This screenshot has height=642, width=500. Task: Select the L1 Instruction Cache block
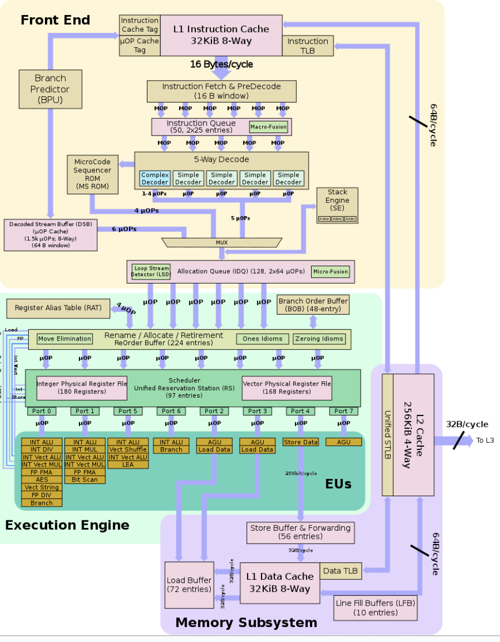tap(221, 35)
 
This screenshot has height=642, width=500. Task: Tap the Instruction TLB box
tap(308, 46)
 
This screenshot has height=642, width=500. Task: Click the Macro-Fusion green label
tap(268, 127)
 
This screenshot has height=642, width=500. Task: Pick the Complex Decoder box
tap(155, 178)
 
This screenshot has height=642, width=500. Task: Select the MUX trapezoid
tap(222, 242)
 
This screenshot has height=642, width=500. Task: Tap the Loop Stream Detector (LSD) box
tap(150, 271)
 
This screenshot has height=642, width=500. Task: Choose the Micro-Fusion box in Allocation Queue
tap(331, 271)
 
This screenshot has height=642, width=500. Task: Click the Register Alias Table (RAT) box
tap(58, 308)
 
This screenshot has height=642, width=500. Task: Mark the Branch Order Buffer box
tap(313, 305)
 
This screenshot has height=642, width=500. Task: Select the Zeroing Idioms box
tap(319, 339)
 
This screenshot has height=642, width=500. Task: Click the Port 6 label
tap(171, 411)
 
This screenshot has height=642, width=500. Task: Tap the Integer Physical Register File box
tap(82, 387)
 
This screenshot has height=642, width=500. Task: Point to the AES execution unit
tap(41, 479)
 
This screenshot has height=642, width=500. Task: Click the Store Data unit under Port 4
tap(301, 442)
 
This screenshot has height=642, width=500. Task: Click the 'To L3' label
tap(484, 441)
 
